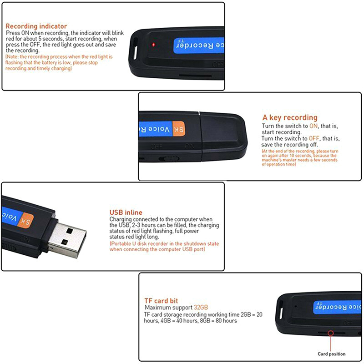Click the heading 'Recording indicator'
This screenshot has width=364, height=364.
click(x=36, y=26)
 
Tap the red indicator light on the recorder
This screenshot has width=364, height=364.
click(x=153, y=45)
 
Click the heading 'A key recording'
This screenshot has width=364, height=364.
click(x=290, y=117)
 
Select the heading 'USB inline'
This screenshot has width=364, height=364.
click(x=126, y=212)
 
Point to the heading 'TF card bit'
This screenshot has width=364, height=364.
click(x=161, y=301)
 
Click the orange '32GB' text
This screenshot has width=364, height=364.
click(x=201, y=308)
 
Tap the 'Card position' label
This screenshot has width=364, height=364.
click(x=332, y=354)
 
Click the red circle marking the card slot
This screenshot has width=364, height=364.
click(x=331, y=333)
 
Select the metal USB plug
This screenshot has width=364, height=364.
click(x=67, y=240)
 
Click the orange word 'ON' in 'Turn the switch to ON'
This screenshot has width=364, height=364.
click(x=313, y=126)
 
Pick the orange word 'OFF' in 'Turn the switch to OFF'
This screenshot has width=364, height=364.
click(x=314, y=138)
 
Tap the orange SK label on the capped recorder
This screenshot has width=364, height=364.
click(x=178, y=129)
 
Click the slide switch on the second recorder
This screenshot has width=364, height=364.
click(x=169, y=159)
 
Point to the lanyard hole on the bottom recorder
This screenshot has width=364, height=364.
click(x=280, y=312)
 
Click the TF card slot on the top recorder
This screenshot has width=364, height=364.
click(x=195, y=76)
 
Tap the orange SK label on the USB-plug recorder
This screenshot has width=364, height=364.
click(x=26, y=220)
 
